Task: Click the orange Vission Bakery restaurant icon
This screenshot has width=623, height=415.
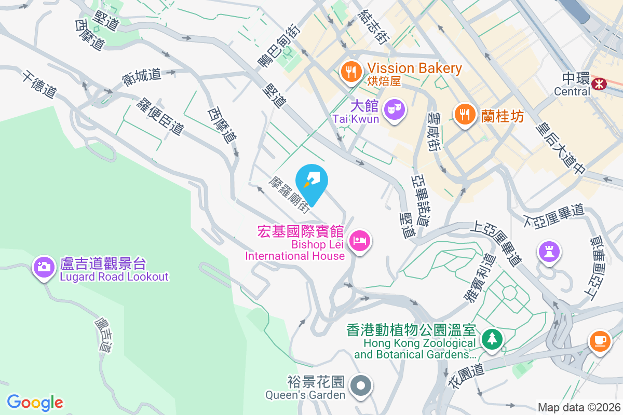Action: (351, 71)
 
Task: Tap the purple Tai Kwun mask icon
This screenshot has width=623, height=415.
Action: (394, 109)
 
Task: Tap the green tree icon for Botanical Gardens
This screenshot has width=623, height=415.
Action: (491, 340)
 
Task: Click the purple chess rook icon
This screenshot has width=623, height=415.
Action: (549, 252)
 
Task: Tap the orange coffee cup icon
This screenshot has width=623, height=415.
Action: (600, 341)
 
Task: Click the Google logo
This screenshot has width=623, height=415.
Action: (35, 402)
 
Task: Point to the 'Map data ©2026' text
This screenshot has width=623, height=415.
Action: (578, 407)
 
